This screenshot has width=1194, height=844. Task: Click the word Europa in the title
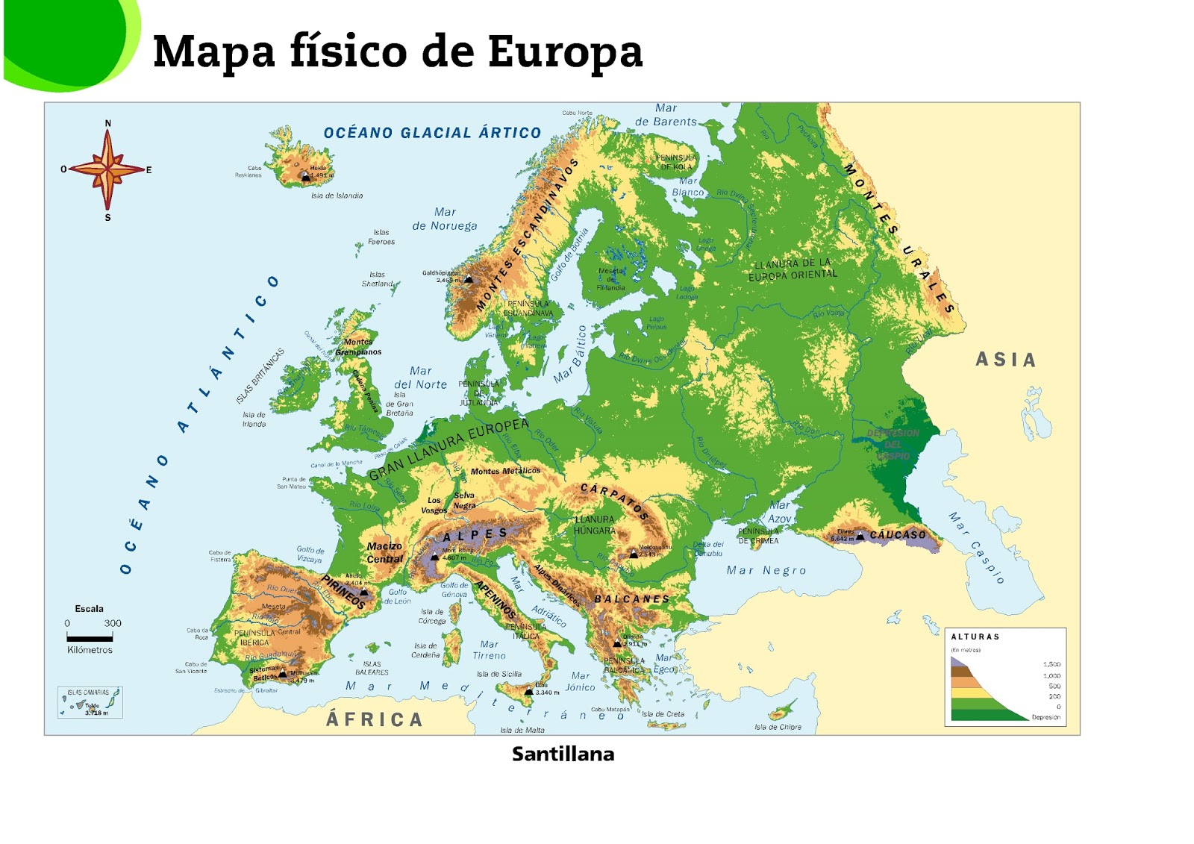click(x=565, y=51)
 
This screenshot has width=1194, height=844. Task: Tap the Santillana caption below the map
click(x=563, y=754)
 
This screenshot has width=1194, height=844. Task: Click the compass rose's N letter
click(x=108, y=123)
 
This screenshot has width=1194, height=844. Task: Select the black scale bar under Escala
click(x=90, y=637)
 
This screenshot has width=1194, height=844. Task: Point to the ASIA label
click(x=1006, y=360)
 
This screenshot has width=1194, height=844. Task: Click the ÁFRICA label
click(x=375, y=719)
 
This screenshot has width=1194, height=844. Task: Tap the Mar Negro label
click(x=766, y=571)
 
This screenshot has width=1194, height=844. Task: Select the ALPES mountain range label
click(x=475, y=534)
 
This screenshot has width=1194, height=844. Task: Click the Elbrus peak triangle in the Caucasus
click(x=860, y=536)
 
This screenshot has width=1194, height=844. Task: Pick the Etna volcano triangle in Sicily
click(x=529, y=691)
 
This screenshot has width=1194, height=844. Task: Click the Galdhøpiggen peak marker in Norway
click(x=469, y=279)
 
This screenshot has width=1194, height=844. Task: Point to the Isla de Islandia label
click(x=337, y=196)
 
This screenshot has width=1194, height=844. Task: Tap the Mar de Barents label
click(x=666, y=115)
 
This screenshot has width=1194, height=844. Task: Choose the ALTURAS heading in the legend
click(x=975, y=637)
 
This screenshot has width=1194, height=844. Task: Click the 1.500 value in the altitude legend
click(x=1051, y=663)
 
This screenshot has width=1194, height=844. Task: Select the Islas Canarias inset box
click(x=90, y=702)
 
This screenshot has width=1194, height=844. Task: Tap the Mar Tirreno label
click(x=489, y=650)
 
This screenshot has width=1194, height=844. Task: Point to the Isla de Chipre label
click(x=778, y=727)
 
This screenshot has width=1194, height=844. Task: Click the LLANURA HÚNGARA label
click(x=595, y=525)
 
